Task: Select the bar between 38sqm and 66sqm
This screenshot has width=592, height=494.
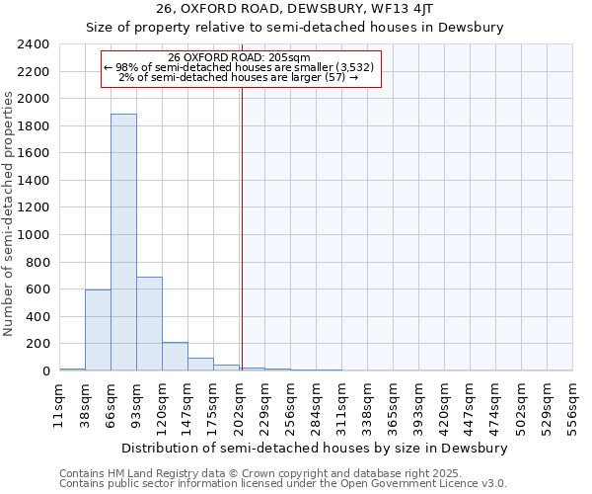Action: (x=98, y=330)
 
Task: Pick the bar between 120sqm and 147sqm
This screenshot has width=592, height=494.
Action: (x=175, y=357)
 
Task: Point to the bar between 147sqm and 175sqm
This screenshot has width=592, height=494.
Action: (x=200, y=365)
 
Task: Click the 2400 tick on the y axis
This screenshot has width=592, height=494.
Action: (x=34, y=45)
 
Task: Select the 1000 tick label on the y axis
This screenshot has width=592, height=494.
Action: (x=34, y=235)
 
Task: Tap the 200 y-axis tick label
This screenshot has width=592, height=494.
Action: (x=37, y=344)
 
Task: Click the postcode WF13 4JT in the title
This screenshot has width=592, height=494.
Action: (x=399, y=9)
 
